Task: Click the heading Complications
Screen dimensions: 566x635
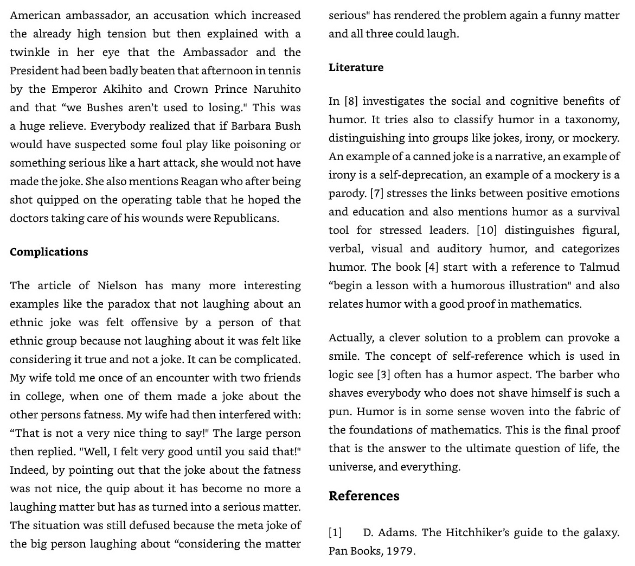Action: click(x=49, y=252)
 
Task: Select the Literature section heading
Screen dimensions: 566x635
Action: click(x=356, y=67)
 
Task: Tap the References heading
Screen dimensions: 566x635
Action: click(x=364, y=496)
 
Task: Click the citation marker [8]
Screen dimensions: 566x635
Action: click(x=351, y=101)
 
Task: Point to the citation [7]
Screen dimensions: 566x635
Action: click(x=376, y=193)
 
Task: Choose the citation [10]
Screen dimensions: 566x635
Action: click(x=486, y=230)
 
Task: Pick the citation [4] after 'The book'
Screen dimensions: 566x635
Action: click(x=431, y=267)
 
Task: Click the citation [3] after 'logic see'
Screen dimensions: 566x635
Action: click(x=383, y=374)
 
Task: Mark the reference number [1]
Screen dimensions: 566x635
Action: click(x=335, y=532)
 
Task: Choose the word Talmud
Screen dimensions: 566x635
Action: click(x=599, y=267)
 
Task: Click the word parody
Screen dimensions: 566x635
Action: click(x=347, y=193)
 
